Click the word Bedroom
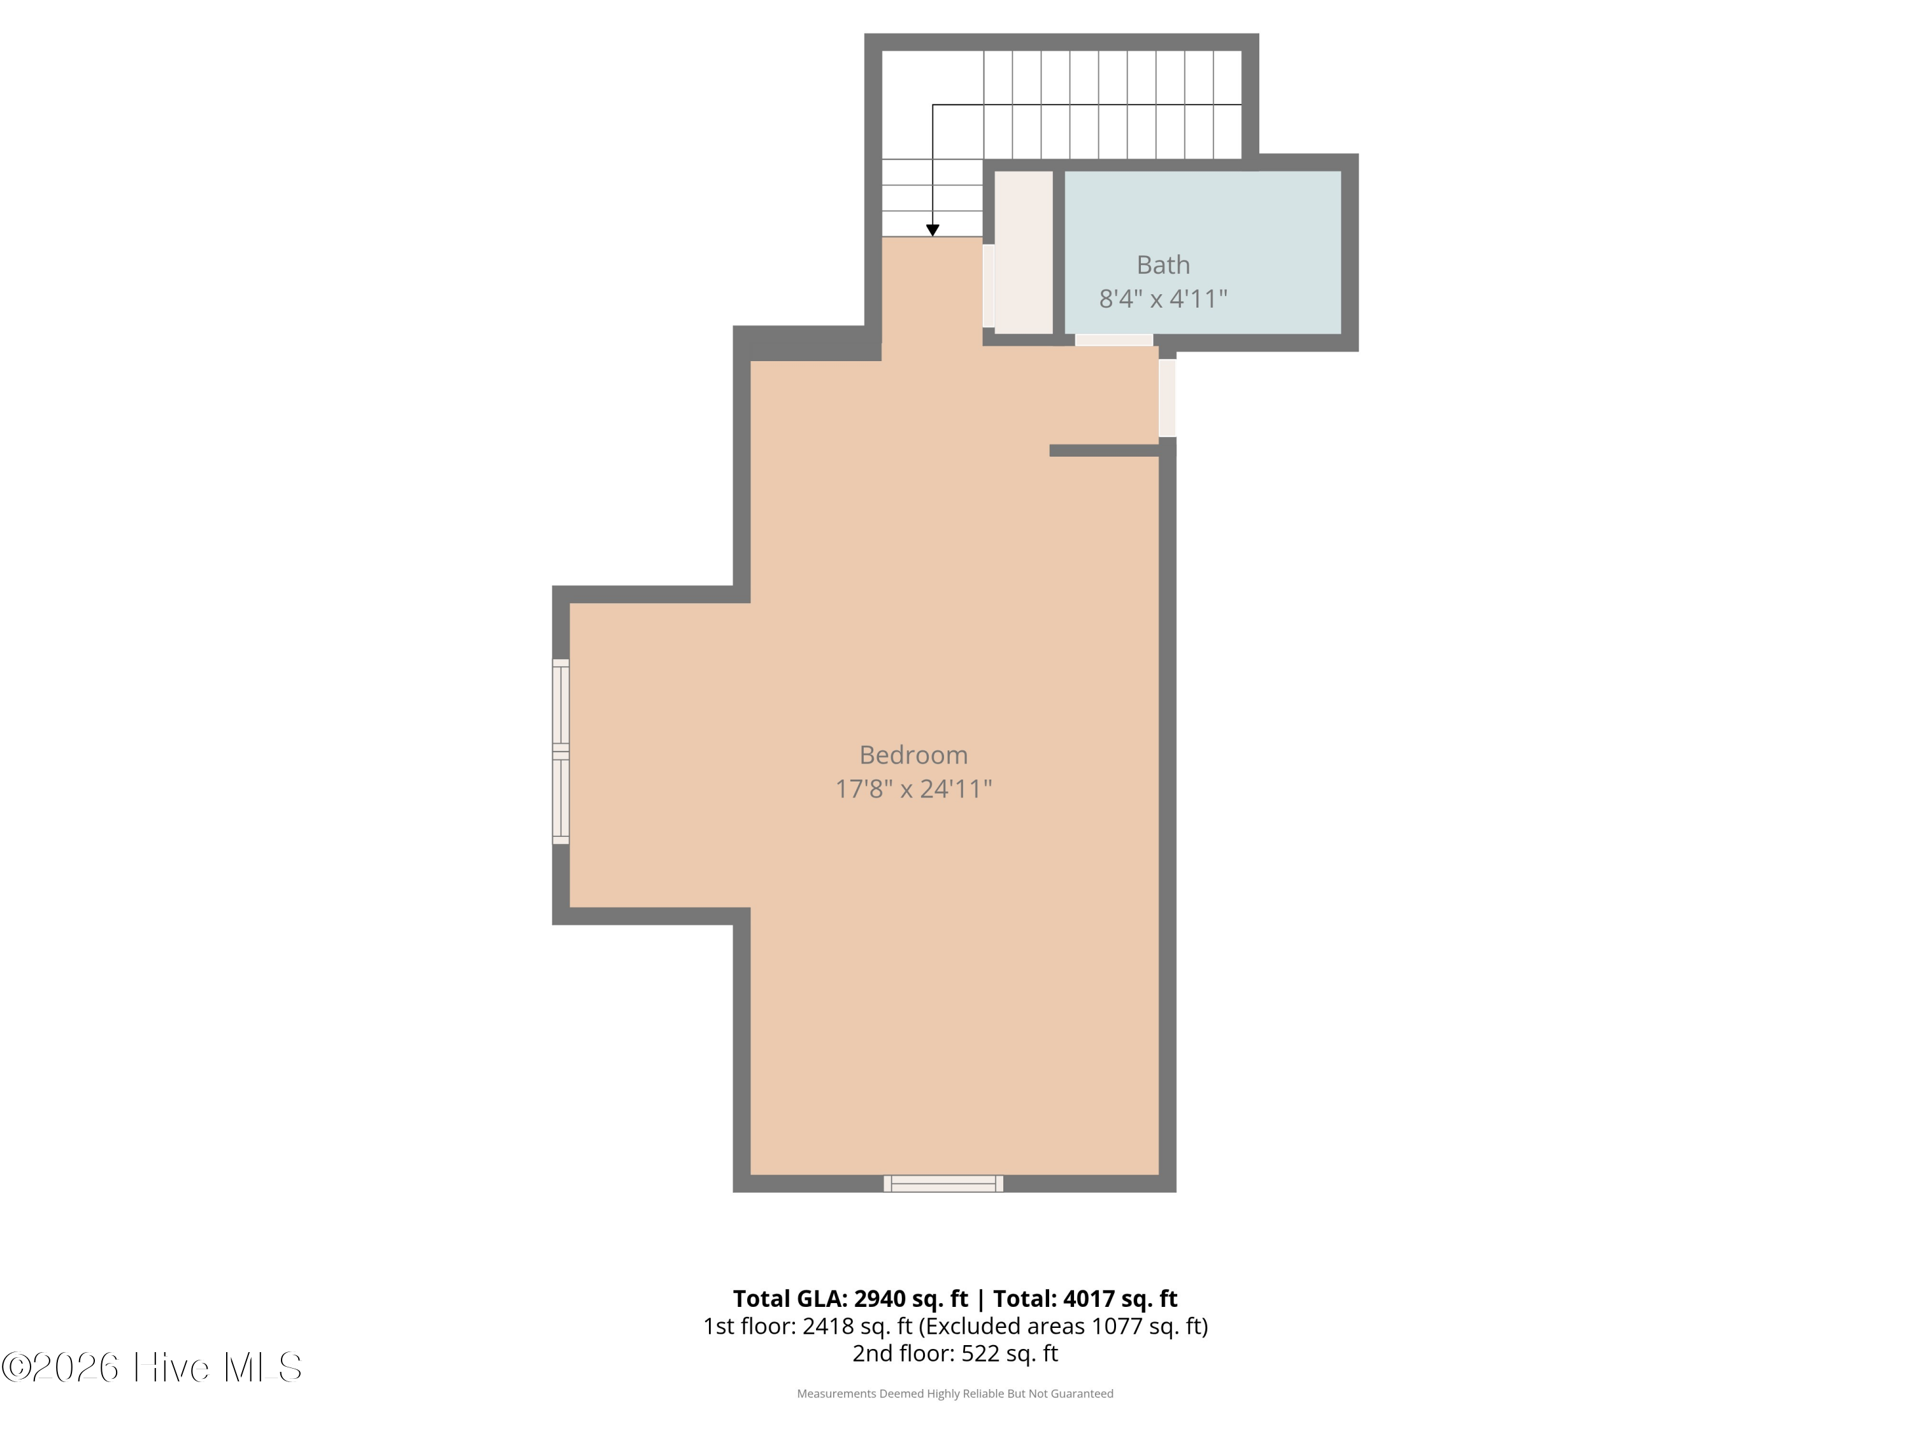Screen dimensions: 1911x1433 [x=913, y=755]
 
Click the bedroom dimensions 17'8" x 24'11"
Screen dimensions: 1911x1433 [x=913, y=788]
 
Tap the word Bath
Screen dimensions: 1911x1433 [x=1163, y=264]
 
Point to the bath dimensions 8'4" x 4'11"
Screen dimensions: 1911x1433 [x=1163, y=298]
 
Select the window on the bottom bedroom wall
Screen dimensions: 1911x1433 [x=943, y=1183]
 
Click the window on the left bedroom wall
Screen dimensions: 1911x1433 [x=561, y=752]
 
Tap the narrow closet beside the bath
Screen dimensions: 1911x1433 [x=1024, y=252]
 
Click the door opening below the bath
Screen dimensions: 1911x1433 [x=1113, y=340]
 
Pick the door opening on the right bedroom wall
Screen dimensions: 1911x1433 [x=1167, y=398]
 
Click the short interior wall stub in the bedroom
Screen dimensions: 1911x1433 [x=1104, y=450]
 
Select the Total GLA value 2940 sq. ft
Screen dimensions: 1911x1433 [x=910, y=1298]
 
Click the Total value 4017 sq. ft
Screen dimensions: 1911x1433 [x=1120, y=1298]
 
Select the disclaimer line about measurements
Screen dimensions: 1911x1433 [x=955, y=1394]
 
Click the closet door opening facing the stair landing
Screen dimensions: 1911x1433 [x=989, y=285]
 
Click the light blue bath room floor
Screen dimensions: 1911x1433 [x=1203, y=252]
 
